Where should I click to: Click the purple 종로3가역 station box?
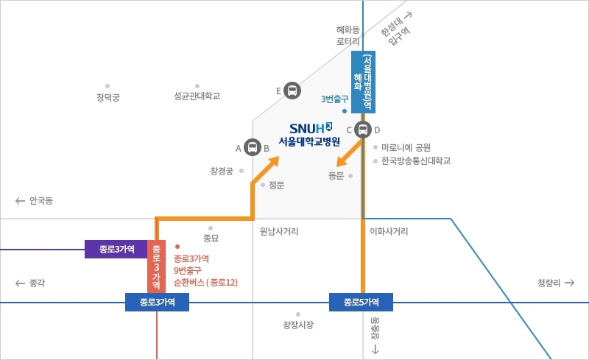pos(116,249)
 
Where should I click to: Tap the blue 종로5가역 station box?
pos(361,302)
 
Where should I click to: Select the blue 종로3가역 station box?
pos(157,302)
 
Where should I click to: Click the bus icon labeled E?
pos(292,91)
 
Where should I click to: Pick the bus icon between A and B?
pos(253,147)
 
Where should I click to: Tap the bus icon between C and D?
pos(363,130)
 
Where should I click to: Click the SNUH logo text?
pos(311,128)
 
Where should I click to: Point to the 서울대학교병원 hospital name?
pos(309,141)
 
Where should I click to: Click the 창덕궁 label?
pos(107,97)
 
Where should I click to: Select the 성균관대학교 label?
pos(197,96)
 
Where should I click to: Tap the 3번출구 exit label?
pos(335,99)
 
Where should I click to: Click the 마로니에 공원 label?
pos(406,147)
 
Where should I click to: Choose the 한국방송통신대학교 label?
pos(416,160)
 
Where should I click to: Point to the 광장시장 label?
pos(298,325)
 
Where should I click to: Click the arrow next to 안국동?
pos(20,201)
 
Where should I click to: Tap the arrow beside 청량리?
pos(570,283)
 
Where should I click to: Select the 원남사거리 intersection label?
pos(279,231)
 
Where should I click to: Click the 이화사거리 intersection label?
pos(389,231)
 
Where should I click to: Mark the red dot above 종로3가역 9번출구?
pos(177,247)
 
